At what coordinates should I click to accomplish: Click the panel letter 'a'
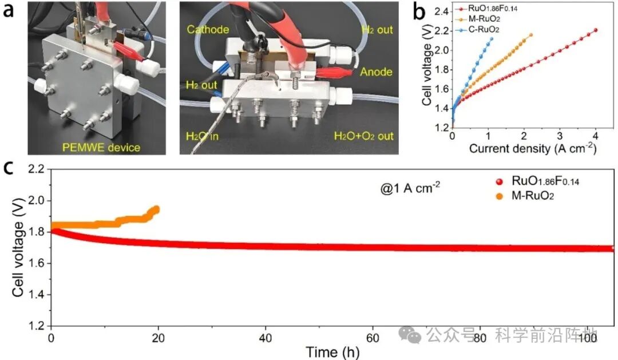[9, 11]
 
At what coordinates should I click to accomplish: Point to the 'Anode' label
[375, 72]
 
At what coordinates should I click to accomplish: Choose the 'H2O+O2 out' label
[364, 136]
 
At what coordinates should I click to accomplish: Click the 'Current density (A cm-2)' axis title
[526, 149]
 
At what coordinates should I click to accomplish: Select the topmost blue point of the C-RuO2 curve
[491, 39]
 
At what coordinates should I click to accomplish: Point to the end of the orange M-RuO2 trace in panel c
[156, 209]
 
